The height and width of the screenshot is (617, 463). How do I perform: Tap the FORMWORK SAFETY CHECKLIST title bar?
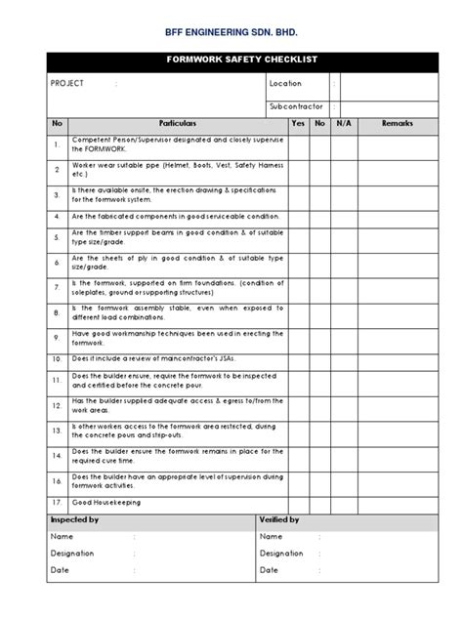coord(231,60)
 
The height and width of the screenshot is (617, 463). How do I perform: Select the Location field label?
coord(285,84)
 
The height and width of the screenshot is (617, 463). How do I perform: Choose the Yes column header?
coord(298,124)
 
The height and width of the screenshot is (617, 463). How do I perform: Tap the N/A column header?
coord(343,124)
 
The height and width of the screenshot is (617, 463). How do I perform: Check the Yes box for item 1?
coord(298,146)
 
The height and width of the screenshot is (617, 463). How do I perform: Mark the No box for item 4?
coord(320,216)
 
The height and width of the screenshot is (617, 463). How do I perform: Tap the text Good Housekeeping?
coord(105,503)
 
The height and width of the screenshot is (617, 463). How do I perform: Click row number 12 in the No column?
coord(59,404)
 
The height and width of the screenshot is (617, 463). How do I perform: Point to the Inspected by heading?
coord(73,520)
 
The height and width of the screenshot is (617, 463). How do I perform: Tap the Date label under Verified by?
coord(270,569)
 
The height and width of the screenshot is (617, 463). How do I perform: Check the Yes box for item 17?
coord(298,503)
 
